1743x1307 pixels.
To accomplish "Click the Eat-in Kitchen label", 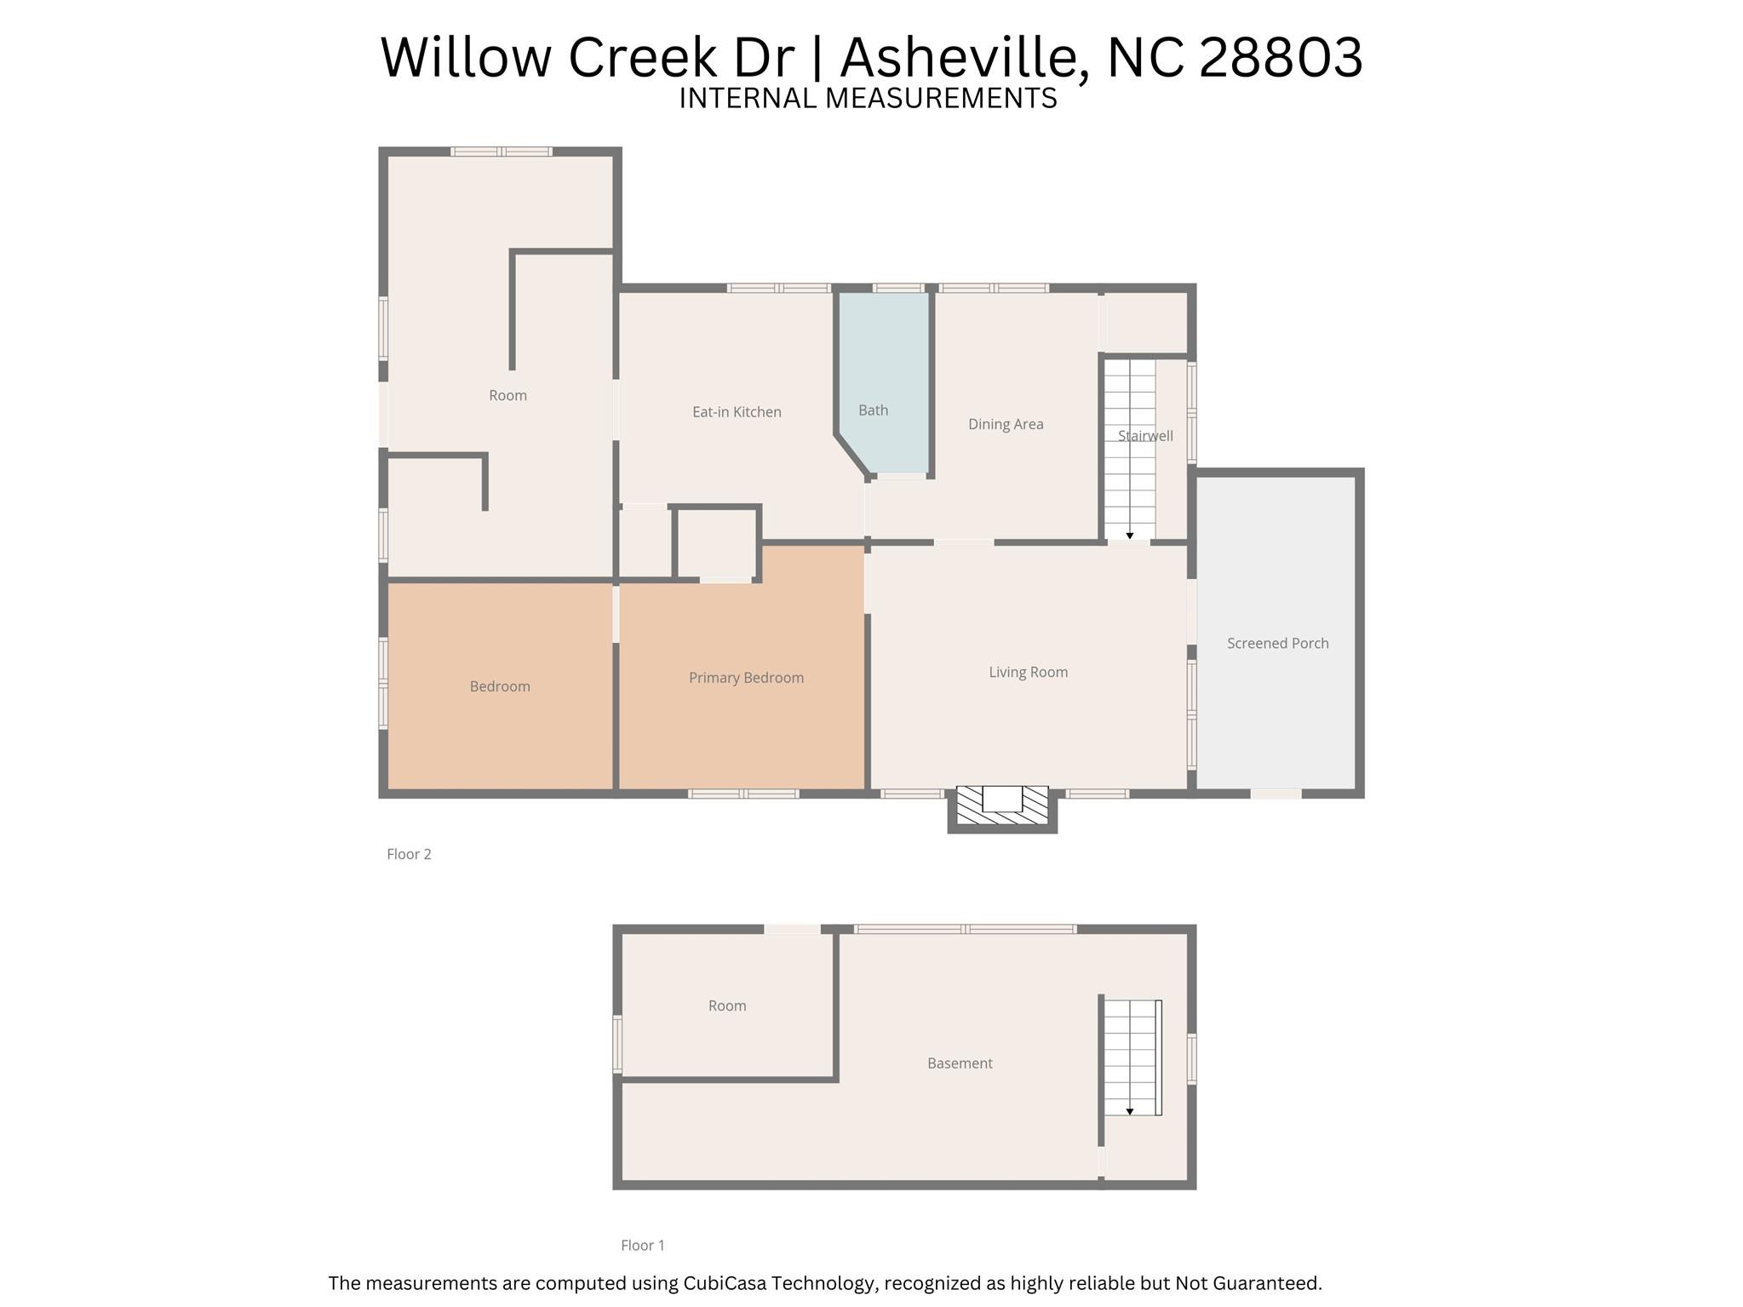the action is [737, 412].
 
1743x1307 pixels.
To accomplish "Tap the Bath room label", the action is [873, 410].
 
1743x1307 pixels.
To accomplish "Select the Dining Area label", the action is [1006, 424].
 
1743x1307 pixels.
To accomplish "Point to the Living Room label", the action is [1028, 673].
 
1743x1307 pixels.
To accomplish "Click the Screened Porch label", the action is [1277, 644].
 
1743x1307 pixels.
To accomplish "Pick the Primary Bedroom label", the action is [746, 678].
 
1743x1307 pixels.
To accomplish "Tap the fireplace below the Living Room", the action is [1002, 806].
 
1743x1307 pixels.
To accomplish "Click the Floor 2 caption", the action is [409, 854].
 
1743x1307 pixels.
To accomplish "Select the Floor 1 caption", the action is [642, 1246].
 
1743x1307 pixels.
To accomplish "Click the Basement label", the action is [960, 1063].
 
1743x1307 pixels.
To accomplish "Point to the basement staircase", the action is [1132, 1058].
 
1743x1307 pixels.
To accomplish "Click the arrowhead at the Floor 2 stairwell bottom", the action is [1130, 536].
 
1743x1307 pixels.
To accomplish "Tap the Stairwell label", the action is [1145, 436].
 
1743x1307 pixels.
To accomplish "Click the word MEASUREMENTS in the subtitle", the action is [941, 99].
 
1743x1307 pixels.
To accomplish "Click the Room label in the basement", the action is [727, 1006].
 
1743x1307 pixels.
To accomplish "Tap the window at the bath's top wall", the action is [898, 288].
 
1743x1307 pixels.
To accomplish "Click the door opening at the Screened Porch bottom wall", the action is [1276, 794].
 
